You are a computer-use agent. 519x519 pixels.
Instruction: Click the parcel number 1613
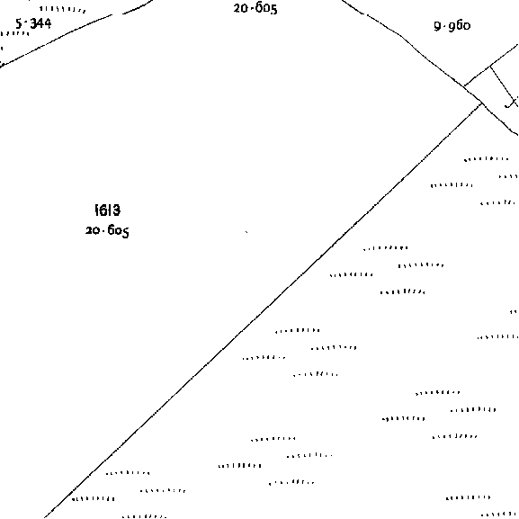pos(108,210)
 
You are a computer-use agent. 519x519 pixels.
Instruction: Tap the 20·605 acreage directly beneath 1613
pos(107,230)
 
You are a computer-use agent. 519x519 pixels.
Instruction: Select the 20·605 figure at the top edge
pos(255,9)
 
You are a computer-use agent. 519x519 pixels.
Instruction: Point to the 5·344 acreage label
pos(33,23)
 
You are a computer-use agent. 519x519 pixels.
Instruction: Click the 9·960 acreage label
pos(452,26)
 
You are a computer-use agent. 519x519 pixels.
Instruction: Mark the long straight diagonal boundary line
pos(264,310)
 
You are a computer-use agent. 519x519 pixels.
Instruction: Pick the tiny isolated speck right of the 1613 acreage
pos(246,232)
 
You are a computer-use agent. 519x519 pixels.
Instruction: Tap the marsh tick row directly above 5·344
pos(62,10)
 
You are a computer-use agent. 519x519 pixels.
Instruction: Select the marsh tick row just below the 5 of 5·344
pos(13,34)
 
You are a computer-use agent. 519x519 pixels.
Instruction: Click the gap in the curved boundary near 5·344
pos(117,14)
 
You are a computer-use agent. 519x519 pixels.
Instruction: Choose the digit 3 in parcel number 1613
pos(116,210)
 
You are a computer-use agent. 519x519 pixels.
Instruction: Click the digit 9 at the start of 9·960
pos(437,26)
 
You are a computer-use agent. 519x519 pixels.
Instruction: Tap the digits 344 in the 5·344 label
pos(40,23)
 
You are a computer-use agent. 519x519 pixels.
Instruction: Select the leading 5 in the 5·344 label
pos(19,23)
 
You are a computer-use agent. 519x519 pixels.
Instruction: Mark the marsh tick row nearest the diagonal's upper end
pos(487,159)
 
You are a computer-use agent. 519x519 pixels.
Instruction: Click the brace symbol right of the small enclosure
pos(512,103)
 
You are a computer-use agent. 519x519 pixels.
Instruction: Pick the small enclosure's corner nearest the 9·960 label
pos(490,67)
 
